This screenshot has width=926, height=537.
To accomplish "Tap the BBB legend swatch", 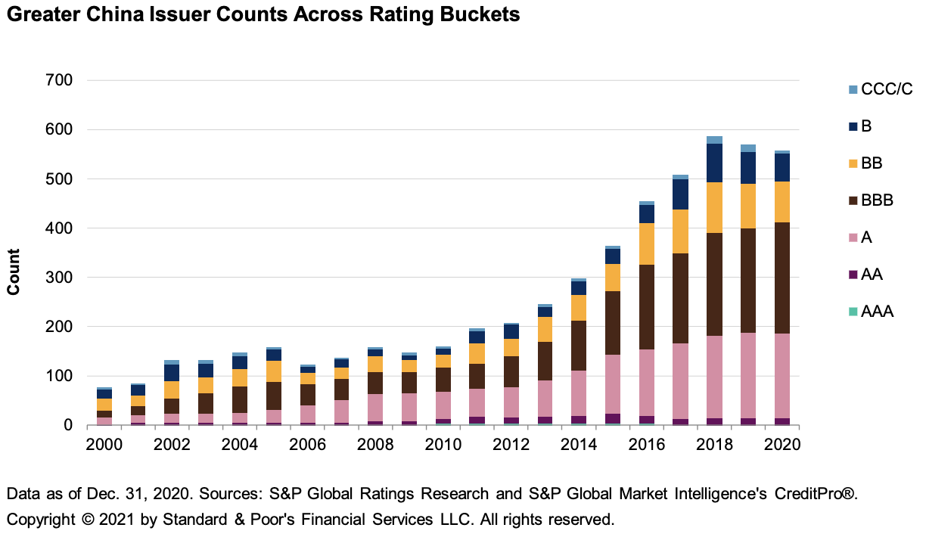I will tap(853, 200).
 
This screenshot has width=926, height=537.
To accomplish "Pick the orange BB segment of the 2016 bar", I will tap(647, 244).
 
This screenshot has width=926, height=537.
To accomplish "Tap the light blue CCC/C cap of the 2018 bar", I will tap(714, 140).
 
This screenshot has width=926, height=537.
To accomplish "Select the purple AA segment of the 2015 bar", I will tap(613, 418).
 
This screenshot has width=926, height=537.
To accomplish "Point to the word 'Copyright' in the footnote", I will tap(37, 520).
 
